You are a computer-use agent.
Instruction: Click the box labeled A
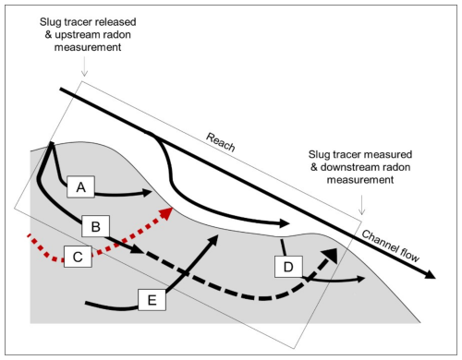click(80, 186)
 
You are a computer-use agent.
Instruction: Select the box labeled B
click(95, 226)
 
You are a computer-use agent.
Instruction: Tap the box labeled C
click(78, 257)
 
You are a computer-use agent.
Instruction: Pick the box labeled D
click(288, 267)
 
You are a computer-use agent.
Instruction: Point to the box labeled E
click(152, 300)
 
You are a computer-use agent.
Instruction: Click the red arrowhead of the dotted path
click(165, 213)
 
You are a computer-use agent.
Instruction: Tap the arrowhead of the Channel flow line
click(430, 273)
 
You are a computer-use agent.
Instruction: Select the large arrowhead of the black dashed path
click(330, 255)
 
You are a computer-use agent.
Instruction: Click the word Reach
click(221, 142)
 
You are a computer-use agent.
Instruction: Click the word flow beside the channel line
click(408, 256)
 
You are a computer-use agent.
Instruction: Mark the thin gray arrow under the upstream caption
click(84, 66)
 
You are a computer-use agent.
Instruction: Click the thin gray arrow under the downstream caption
click(362, 205)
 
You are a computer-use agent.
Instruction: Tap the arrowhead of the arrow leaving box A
click(147, 193)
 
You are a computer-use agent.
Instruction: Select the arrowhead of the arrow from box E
click(213, 239)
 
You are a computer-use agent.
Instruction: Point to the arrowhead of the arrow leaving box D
click(361, 279)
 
